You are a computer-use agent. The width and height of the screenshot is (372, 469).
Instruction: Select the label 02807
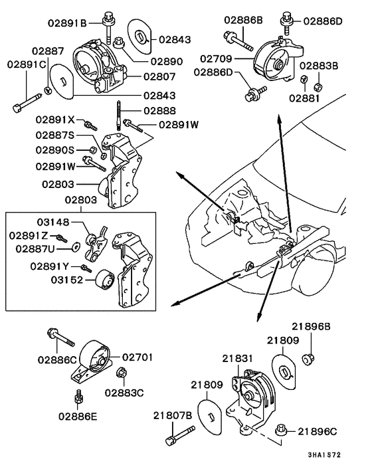(161, 76)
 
